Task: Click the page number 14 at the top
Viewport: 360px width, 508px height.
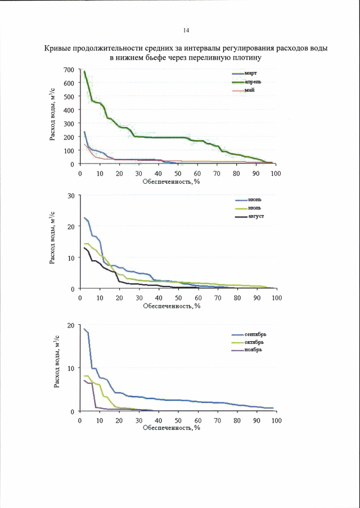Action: tap(186, 30)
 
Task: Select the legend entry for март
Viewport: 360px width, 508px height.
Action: tap(250, 74)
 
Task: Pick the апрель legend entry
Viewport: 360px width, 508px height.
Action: tap(253, 82)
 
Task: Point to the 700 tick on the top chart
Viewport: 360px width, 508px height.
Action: tap(69, 70)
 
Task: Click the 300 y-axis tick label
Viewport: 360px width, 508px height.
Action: tap(69, 124)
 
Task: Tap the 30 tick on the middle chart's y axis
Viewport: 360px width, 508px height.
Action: tap(71, 196)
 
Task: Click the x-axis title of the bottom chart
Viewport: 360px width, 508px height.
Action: tap(172, 427)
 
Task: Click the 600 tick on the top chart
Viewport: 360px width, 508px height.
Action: tap(69, 83)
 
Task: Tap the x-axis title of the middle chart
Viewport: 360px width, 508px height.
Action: tap(172, 306)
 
